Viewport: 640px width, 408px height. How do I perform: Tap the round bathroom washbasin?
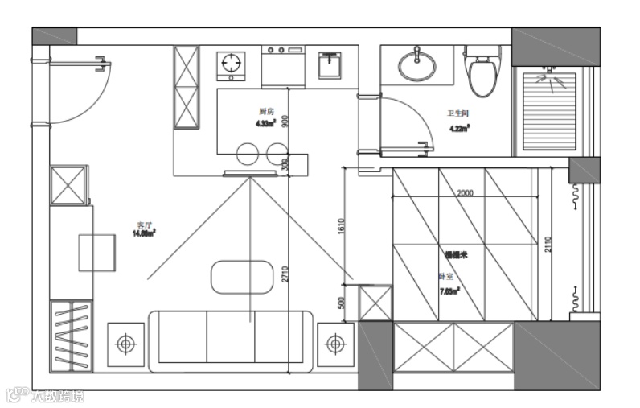tap(416, 67)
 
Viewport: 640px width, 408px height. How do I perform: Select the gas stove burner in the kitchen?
tap(232, 64)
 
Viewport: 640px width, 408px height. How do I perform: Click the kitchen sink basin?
tap(330, 65)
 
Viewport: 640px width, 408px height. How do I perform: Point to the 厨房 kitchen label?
tap(267, 111)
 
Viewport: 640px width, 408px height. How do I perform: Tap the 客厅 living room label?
tap(145, 225)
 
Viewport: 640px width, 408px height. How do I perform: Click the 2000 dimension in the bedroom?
tap(465, 194)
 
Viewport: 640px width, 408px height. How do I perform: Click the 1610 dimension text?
tap(341, 227)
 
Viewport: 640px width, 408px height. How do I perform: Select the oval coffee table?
tap(243, 277)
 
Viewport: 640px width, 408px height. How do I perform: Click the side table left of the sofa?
tap(125, 344)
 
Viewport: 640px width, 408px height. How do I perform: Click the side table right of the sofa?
tap(335, 344)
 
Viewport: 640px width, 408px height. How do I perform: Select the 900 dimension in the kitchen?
tap(285, 121)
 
